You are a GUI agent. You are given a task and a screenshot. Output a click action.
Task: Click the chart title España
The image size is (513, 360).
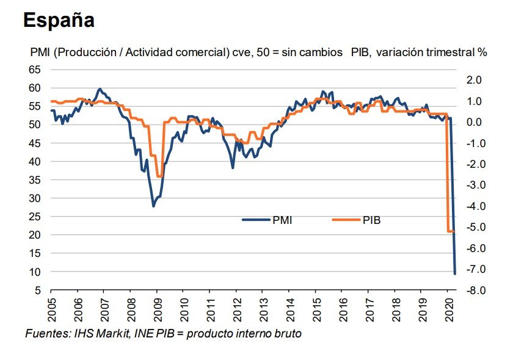click(x=59, y=20)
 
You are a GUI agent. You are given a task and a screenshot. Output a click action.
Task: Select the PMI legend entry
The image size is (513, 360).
click(x=282, y=220)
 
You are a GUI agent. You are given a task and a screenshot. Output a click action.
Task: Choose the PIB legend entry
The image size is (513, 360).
click(x=371, y=220)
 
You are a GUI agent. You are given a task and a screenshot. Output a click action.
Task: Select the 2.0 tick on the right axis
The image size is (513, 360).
click(x=475, y=80)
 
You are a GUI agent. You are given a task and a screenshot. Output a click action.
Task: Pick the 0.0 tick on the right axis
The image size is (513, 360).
click(x=475, y=122)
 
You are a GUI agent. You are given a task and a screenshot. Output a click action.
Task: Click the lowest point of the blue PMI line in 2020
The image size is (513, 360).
click(x=455, y=273)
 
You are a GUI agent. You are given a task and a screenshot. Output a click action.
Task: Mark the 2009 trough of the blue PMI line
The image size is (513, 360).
click(x=153, y=206)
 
